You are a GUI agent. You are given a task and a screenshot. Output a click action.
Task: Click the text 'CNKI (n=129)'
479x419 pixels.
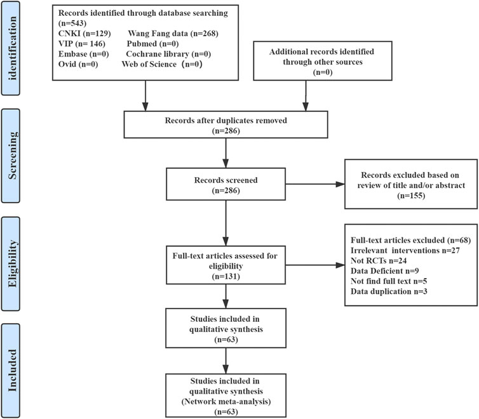click(84, 34)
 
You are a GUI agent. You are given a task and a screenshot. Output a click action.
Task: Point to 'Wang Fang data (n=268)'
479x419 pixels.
click(173, 34)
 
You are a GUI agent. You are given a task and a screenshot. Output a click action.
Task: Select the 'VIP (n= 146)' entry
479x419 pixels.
click(82, 44)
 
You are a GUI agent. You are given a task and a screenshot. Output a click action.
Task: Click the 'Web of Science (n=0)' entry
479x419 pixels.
click(162, 64)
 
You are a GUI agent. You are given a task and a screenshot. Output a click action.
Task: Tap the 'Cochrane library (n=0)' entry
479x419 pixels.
click(168, 54)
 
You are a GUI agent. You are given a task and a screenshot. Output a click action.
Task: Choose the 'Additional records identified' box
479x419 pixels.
click(323, 61)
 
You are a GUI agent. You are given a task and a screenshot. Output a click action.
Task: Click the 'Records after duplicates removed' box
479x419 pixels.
click(226, 125)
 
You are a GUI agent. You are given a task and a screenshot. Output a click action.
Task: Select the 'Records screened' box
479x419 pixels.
click(226, 184)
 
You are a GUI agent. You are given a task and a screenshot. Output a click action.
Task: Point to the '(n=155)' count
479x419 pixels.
click(411, 196)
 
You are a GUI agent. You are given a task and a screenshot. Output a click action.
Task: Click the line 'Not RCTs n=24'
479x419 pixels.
click(379, 261)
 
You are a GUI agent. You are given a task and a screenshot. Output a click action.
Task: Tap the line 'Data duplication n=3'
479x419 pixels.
click(389, 291)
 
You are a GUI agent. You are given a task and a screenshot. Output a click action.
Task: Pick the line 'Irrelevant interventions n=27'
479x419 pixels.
click(405, 251)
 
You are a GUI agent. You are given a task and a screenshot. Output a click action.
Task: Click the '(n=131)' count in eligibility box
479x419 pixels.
click(226, 277)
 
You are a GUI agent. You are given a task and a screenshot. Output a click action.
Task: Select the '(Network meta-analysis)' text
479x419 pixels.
click(226, 402)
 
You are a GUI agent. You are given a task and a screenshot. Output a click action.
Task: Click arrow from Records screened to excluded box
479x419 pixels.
click(315, 184)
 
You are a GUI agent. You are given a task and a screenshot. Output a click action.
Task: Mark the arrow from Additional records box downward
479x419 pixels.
click(306, 96)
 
